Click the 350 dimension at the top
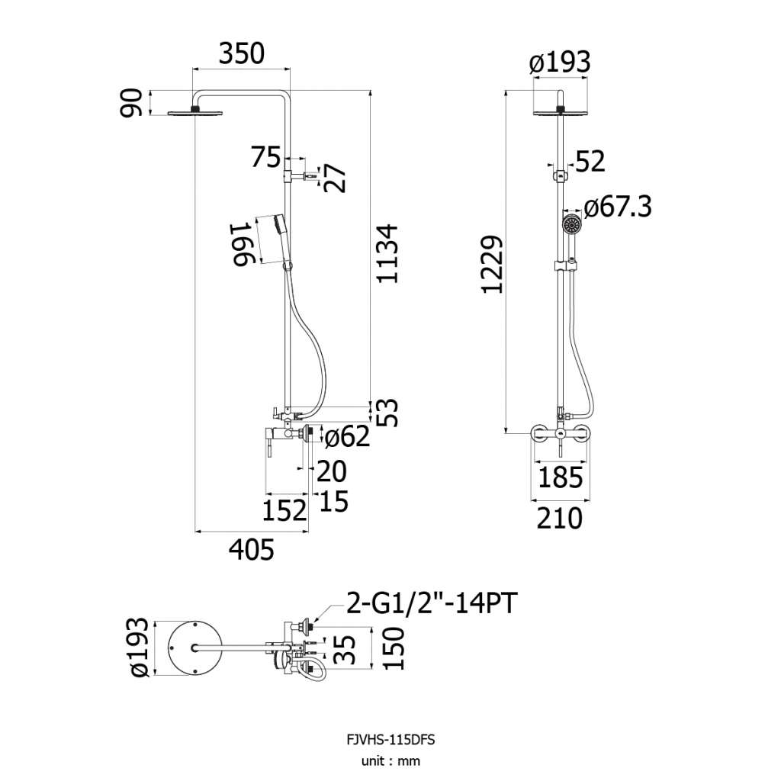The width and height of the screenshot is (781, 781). [x=242, y=54]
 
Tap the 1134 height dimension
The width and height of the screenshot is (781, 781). [x=387, y=254]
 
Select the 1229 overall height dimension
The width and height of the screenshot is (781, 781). [x=493, y=265]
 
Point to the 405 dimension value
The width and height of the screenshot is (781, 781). [x=252, y=550]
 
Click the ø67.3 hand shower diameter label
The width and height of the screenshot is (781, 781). [x=618, y=207]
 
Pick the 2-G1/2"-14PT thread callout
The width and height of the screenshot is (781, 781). [x=432, y=603]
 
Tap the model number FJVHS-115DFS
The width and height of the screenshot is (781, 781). [x=390, y=740]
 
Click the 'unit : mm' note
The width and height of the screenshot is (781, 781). [x=390, y=761]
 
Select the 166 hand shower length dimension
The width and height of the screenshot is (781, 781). [x=243, y=245]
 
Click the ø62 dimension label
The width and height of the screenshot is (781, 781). [x=347, y=436]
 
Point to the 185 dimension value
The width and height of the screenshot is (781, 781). [x=561, y=477]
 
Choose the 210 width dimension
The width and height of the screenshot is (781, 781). [x=559, y=519]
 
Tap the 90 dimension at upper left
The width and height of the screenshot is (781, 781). [x=131, y=103]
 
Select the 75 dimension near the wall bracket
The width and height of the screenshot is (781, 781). [x=265, y=157]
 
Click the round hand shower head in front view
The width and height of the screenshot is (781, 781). [x=572, y=225]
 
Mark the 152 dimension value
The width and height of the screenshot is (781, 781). [x=284, y=511]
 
